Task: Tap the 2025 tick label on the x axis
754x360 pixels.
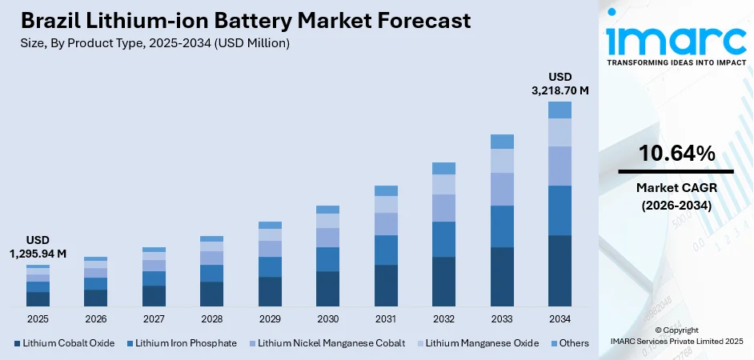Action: click(x=38, y=319)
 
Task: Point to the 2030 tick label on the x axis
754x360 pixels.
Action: click(x=327, y=319)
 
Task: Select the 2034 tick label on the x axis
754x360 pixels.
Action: click(x=559, y=319)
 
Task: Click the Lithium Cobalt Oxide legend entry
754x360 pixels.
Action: click(x=63, y=343)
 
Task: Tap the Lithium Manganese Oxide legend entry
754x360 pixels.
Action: click(x=476, y=343)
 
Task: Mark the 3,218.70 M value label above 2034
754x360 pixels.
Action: click(x=559, y=90)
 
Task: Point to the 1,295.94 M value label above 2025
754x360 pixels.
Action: click(x=38, y=254)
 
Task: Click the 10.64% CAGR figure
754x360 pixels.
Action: click(x=676, y=154)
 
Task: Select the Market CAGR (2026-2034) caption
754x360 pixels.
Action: click(x=676, y=196)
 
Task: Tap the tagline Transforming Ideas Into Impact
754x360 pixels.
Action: click(x=676, y=62)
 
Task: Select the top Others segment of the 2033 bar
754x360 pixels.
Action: click(x=502, y=142)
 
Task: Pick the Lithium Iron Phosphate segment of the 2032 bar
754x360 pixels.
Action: click(x=443, y=239)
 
